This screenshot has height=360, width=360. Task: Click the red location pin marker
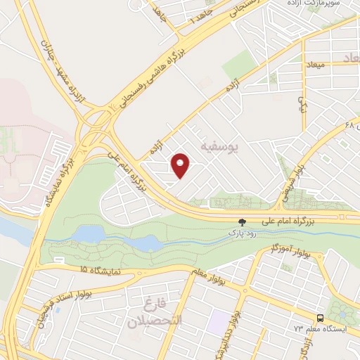click(x=181, y=165)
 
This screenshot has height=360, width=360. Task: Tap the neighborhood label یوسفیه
click(x=220, y=147)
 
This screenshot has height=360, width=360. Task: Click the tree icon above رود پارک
click(x=243, y=219)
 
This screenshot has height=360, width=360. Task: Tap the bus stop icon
click(x=320, y=317)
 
